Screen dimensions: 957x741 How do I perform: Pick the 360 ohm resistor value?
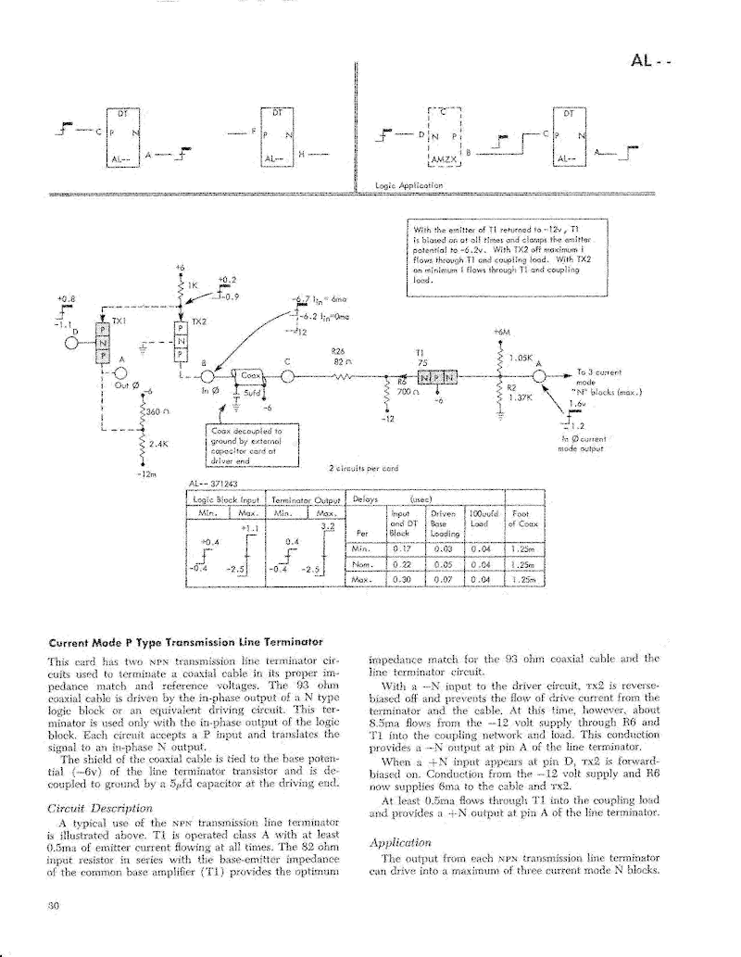click(152, 409)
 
